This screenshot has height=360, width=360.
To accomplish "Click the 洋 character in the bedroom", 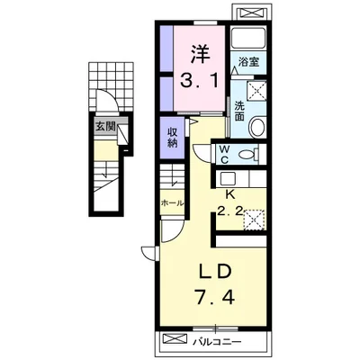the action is click(x=199, y=54).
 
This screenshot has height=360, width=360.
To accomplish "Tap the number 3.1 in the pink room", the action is click(x=199, y=80).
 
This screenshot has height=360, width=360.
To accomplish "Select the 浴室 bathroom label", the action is click(x=248, y=62).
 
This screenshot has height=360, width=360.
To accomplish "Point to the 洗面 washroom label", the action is click(x=239, y=111).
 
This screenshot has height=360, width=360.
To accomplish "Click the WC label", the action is click(x=224, y=154).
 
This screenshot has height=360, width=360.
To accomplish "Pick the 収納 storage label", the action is click(x=172, y=137).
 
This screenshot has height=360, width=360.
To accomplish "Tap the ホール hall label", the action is click(x=172, y=203).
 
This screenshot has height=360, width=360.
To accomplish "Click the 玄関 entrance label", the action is click(x=105, y=126).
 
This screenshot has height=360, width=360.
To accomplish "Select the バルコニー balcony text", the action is click(x=217, y=341).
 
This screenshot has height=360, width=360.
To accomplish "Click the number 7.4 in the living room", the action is click(x=215, y=296).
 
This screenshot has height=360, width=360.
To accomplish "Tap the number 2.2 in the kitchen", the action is click(x=229, y=211).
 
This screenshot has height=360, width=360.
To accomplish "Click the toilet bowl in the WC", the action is click(x=247, y=155).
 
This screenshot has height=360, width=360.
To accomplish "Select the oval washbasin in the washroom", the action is click(x=257, y=127).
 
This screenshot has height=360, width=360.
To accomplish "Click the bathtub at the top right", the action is click(x=248, y=39).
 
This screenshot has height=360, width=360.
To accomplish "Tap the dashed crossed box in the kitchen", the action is click(x=254, y=220).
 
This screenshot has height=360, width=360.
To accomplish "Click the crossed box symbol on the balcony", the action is click(x=175, y=339).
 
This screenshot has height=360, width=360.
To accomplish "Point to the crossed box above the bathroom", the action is click(x=252, y=13).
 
